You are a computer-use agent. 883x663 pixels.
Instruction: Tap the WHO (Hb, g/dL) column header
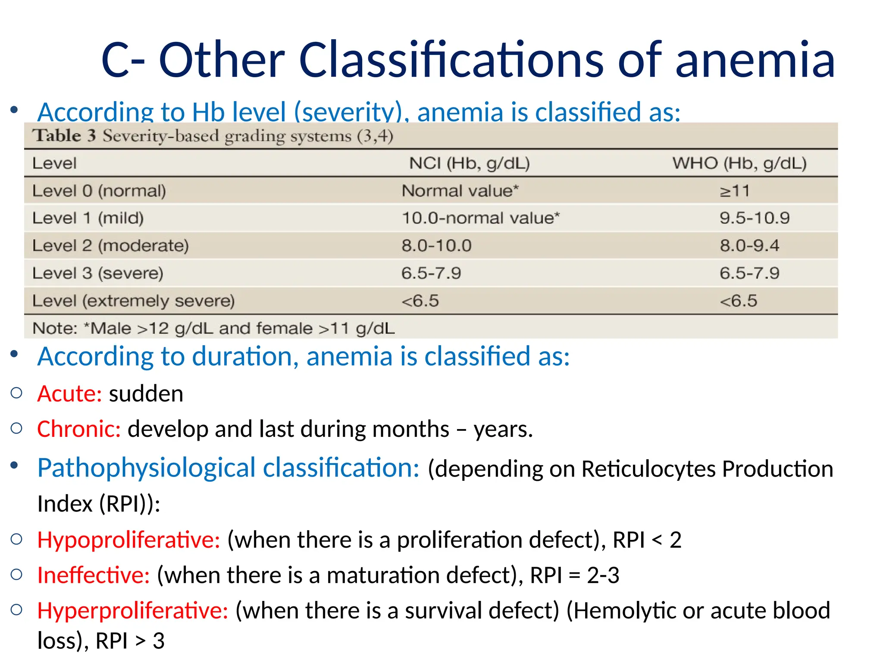coord(739,163)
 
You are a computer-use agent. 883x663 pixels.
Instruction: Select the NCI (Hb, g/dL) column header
coord(469,163)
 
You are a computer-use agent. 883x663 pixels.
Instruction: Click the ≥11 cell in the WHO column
coord(734,191)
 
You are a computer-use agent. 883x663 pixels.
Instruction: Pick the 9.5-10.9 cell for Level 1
coord(754,218)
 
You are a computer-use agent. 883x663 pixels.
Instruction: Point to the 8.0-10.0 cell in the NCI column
coord(436,246)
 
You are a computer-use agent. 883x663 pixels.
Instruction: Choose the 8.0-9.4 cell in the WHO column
coord(749,246)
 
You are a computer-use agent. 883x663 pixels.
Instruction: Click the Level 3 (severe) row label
coord(98,273)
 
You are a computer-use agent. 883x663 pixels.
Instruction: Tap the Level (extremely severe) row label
coord(133,301)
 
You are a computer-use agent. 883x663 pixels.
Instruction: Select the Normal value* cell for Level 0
coord(460,191)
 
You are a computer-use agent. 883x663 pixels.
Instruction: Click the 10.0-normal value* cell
coord(480,218)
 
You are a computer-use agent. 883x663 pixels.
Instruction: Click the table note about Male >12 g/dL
coord(213,328)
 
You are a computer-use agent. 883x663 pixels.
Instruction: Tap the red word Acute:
coord(69,394)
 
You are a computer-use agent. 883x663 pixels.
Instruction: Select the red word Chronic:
coord(79,429)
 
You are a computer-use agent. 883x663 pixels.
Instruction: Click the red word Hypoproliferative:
coord(128,540)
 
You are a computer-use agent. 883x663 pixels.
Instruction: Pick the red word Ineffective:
coord(94,575)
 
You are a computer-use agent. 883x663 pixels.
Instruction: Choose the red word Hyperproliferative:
coord(132,610)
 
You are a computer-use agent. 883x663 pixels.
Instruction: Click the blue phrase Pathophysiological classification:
coord(228,468)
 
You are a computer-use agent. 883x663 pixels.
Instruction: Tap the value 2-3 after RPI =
coord(603,575)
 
